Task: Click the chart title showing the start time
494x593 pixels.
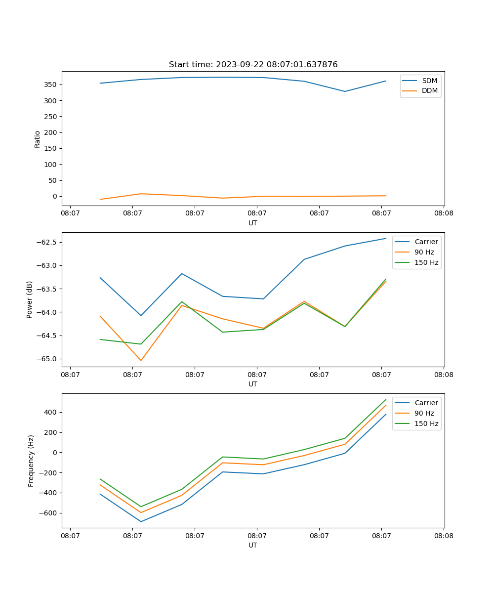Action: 253,65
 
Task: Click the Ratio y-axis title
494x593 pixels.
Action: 38,139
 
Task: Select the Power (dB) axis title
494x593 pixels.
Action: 30,299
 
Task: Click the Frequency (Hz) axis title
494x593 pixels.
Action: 31,461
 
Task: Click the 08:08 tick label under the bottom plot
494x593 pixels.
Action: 443,535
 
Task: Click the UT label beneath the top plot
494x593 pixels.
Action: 253,223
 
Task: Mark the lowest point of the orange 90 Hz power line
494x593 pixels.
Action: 141,360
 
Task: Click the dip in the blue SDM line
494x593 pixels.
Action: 345,91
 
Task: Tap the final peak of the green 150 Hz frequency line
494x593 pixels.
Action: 386,399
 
